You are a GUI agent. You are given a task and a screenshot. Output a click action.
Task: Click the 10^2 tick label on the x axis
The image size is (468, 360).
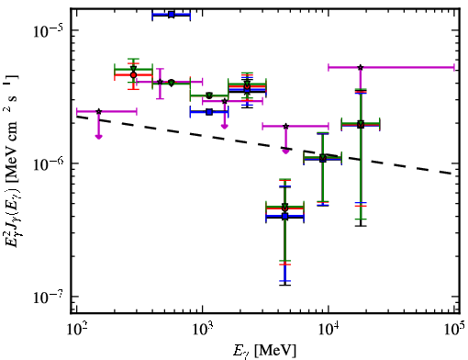[x=76, y=330]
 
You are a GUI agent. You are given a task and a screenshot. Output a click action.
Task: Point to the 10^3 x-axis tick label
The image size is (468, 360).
[x=202, y=330]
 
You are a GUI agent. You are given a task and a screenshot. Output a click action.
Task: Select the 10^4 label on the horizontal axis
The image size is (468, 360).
[x=329, y=330]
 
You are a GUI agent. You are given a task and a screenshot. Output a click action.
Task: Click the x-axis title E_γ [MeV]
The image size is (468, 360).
[x=265, y=350]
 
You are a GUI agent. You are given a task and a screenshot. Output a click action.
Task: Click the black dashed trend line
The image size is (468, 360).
[x=265, y=145]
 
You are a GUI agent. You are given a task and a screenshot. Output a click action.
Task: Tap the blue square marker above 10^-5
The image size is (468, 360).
[x=172, y=15]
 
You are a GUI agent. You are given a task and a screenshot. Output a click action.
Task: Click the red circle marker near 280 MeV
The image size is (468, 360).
[x=133, y=75]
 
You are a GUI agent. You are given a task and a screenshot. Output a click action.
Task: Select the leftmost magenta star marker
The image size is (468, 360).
[x=98, y=111]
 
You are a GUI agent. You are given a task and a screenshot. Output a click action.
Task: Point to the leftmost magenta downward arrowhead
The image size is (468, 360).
[x=98, y=137]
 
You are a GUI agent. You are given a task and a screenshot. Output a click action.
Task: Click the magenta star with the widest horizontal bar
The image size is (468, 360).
[x=361, y=67]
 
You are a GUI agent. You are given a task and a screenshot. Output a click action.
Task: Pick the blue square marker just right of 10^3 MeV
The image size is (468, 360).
[x=209, y=112]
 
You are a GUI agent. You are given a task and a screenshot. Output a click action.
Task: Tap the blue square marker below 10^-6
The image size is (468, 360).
[x=285, y=217]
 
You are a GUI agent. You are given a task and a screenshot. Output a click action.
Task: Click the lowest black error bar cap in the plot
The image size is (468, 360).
[x=285, y=286]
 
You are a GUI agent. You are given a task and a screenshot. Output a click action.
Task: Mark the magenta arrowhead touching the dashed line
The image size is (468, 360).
[x=285, y=152]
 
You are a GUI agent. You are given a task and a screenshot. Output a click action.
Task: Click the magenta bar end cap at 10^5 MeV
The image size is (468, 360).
[x=454, y=67]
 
